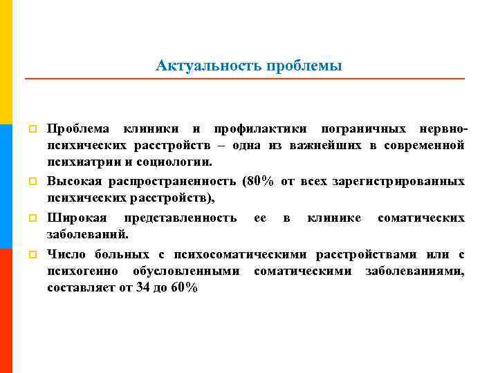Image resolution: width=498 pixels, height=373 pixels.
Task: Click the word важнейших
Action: [x=330, y=146]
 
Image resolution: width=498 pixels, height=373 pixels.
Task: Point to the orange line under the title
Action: [x=245, y=80]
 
